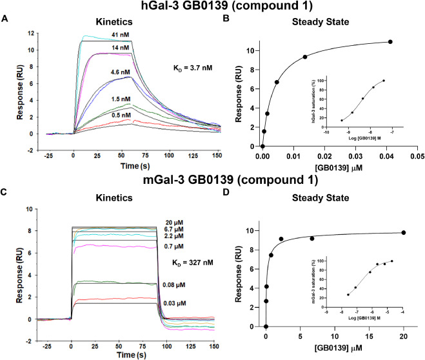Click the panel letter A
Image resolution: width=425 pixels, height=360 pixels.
(5, 19)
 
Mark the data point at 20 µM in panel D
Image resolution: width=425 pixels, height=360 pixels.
(404, 233)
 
